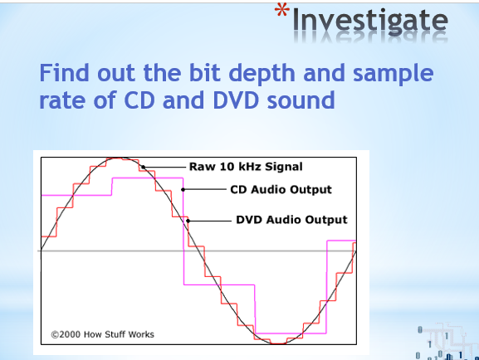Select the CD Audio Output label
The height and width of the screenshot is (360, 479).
(x=281, y=189)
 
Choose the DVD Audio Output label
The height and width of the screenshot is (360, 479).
(x=291, y=220)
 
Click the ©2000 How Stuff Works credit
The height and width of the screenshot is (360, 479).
(x=102, y=335)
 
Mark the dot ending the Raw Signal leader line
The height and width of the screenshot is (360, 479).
(x=143, y=167)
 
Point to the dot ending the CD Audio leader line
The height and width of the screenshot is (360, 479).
(x=183, y=189)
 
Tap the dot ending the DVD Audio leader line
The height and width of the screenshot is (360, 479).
(x=188, y=220)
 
